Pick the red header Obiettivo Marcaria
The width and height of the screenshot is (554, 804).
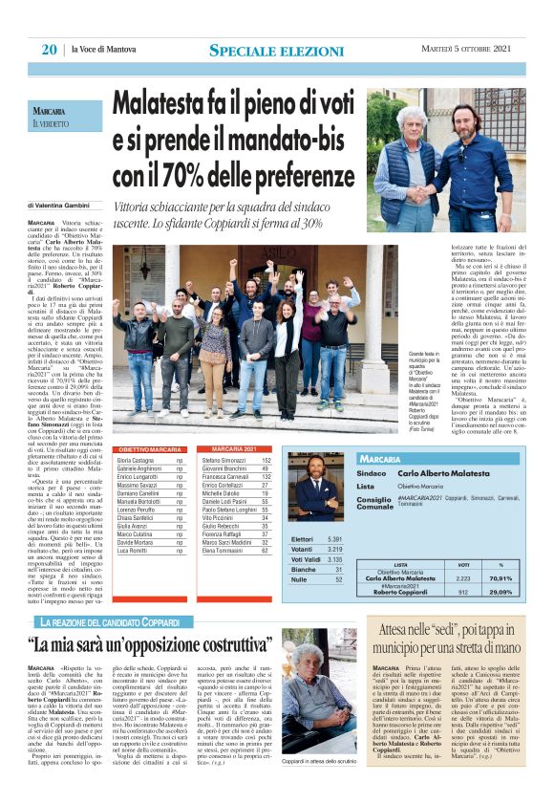150,448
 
